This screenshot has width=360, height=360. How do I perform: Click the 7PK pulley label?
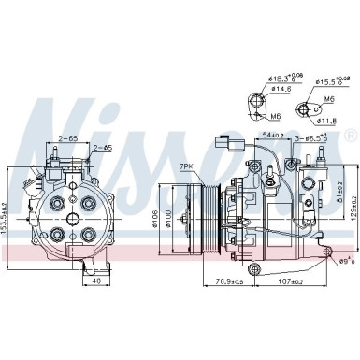click(188, 166)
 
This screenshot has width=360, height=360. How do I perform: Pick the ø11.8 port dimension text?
click(330, 120)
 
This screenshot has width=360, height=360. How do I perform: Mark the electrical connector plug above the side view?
click(224, 146)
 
